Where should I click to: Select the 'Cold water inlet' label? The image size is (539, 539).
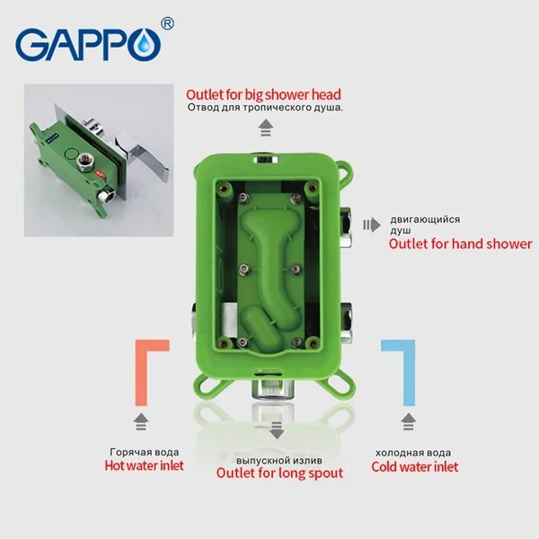[x=414, y=466]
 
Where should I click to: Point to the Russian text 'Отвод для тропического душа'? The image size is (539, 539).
[x=266, y=108]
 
